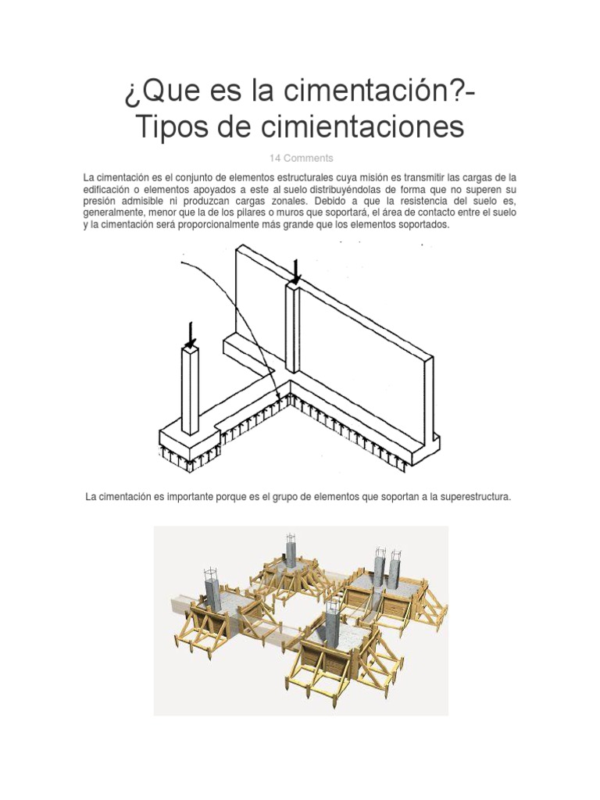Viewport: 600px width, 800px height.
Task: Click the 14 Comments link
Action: click(x=301, y=158)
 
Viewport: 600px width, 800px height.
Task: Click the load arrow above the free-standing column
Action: click(x=190, y=334)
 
